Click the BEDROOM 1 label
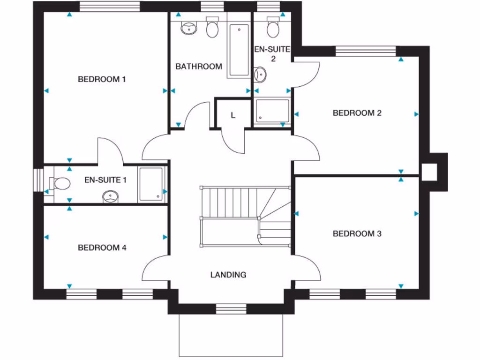click(x=102, y=79)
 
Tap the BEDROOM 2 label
click(x=357, y=113)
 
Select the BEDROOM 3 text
click(x=357, y=233)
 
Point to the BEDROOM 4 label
click(x=102, y=247)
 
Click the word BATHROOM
click(x=199, y=67)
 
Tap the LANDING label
click(x=228, y=275)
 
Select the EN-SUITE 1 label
click(x=105, y=180)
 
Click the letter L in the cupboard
click(x=233, y=115)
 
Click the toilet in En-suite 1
click(x=60, y=183)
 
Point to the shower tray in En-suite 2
click(x=272, y=111)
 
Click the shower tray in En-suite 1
click(x=151, y=185)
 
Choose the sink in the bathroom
click(x=189, y=28)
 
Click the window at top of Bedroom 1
click(x=110, y=6)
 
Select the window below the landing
click(x=231, y=308)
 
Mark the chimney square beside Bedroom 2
click(x=429, y=172)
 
